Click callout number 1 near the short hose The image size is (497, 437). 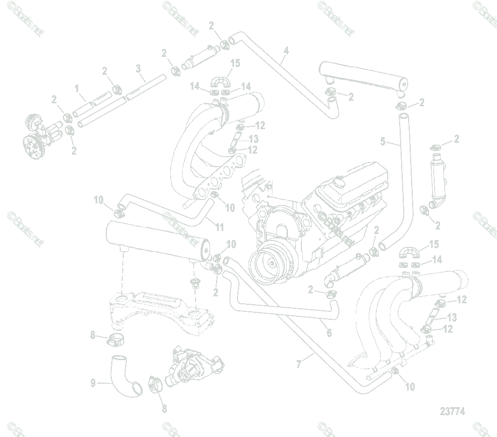point(77,89)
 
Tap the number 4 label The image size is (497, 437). point(286,50)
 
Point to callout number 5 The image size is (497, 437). point(383,142)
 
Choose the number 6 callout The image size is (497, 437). point(328,333)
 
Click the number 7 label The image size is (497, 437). point(299,365)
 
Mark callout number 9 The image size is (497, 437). point(93,383)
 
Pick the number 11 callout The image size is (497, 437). point(220,227)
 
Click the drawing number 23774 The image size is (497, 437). point(452,412)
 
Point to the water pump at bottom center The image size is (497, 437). point(192,367)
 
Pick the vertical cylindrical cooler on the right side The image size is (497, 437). point(437,178)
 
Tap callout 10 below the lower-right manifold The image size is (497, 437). point(409,387)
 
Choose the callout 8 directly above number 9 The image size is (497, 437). point(93,336)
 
